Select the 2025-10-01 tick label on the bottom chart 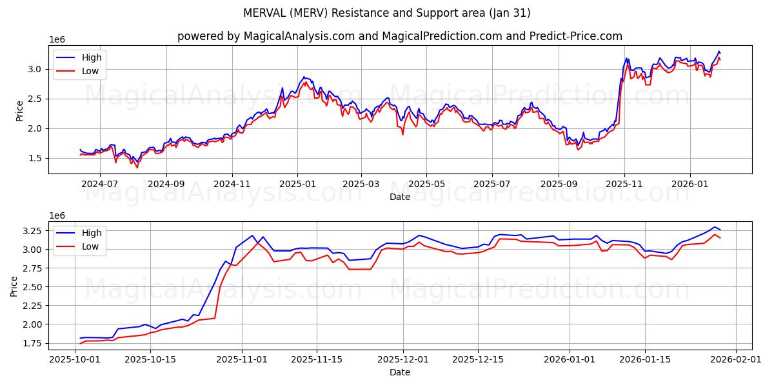pyautogui.click(x=75, y=360)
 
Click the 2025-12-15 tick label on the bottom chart pyautogui.click(x=478, y=360)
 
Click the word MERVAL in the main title pyautogui.click(x=266, y=13)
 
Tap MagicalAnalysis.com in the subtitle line pyautogui.click(x=299, y=36)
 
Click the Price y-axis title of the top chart pyautogui.click(x=20, y=110)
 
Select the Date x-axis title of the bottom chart pyautogui.click(x=399, y=372)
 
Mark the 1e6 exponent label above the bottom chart pyautogui.click(x=58, y=215)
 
